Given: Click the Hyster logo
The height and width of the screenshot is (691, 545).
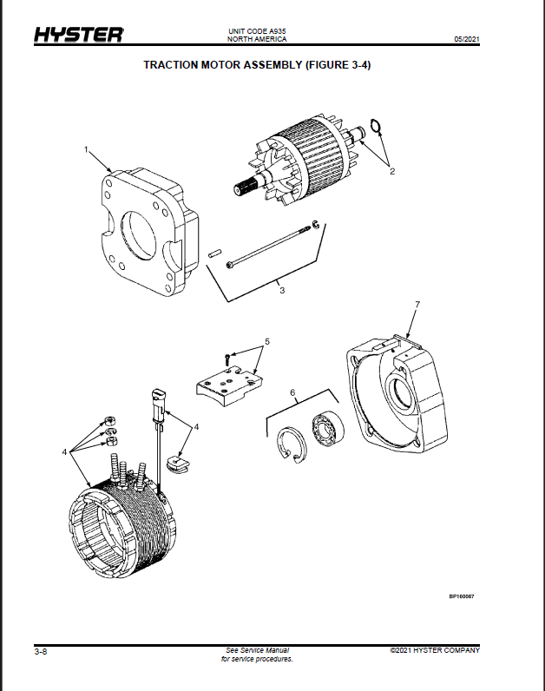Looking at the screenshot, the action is point(79,35).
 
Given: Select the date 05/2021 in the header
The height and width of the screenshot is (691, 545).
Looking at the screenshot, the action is point(467,39).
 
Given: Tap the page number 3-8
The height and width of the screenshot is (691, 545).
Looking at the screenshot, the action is point(41,651).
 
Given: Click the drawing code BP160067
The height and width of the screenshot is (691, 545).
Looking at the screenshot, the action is point(462,596).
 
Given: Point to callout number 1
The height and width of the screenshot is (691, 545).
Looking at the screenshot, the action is point(87,149).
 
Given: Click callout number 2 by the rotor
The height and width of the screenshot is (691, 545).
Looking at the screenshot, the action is point(392,171).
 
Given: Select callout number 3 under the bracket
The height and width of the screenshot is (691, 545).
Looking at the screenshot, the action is point(282,291).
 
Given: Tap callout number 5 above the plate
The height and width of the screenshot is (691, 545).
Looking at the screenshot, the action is point(267,341).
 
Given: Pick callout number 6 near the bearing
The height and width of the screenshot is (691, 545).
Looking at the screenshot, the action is point(292,392).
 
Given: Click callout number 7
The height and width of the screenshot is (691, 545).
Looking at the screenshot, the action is point(417,305).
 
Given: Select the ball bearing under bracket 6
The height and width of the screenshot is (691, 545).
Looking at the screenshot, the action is point(328,428).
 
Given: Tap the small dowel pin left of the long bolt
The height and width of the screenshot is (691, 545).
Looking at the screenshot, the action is point(214,253).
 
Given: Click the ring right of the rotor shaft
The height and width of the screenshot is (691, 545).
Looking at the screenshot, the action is point(376,126).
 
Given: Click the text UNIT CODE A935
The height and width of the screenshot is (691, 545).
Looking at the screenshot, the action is point(257,31).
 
